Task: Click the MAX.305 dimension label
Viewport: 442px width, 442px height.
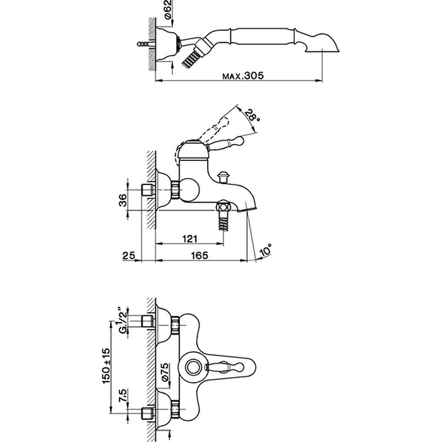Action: click(x=243, y=76)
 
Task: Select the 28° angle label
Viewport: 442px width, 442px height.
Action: click(x=252, y=116)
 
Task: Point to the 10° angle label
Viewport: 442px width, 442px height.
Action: click(x=266, y=250)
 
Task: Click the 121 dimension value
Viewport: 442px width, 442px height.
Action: click(x=190, y=239)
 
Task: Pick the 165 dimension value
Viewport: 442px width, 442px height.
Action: click(x=200, y=255)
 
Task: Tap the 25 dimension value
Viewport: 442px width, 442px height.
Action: click(x=129, y=256)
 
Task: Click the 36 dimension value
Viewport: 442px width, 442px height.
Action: click(x=123, y=200)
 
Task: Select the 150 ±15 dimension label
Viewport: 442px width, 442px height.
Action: click(x=106, y=366)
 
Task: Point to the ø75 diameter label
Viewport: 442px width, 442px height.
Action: click(x=165, y=372)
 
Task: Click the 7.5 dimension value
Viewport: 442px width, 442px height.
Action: click(x=123, y=396)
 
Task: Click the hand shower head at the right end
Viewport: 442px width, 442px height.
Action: click(x=322, y=44)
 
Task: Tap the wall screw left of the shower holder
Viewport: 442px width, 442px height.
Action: click(x=146, y=44)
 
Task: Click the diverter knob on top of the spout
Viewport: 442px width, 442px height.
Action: click(x=224, y=177)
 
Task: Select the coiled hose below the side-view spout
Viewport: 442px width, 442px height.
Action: click(x=224, y=222)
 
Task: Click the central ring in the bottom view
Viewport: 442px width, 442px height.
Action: click(x=193, y=367)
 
